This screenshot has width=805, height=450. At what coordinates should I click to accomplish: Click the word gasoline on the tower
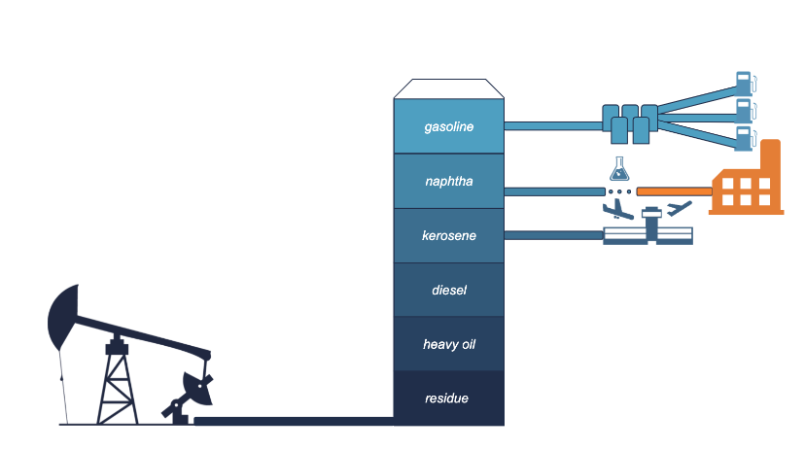click(x=449, y=126)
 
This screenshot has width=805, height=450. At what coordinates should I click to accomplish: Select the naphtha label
click(x=449, y=181)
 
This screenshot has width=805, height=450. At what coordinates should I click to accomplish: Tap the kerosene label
click(x=449, y=235)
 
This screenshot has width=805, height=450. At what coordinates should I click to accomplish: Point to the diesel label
click(x=449, y=290)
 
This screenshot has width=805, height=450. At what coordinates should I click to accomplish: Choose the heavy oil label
click(x=449, y=344)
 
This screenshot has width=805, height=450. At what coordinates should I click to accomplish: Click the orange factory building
click(x=746, y=190)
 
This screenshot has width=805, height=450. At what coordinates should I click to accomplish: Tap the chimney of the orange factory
click(x=770, y=156)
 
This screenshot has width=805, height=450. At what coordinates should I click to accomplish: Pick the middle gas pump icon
click(x=744, y=109)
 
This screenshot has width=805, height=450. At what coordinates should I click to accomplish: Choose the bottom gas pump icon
click(x=744, y=136)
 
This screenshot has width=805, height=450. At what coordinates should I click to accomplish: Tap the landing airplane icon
click(x=616, y=210)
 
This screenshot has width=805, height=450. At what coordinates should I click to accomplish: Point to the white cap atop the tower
click(x=449, y=88)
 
